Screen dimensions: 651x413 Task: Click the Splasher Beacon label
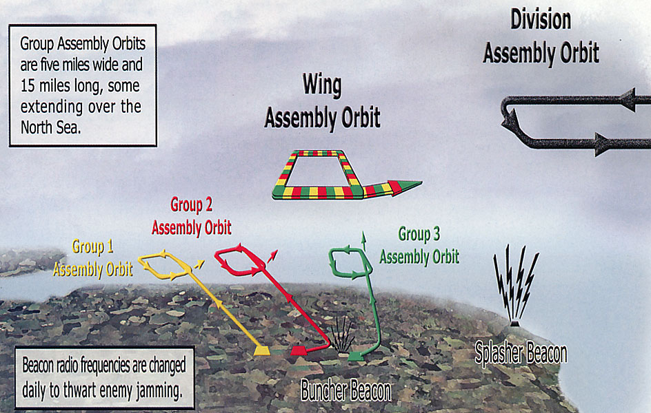click(x=521, y=353)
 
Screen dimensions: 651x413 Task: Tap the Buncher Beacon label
click(x=346, y=390)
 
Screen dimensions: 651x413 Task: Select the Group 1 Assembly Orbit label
click(x=93, y=258)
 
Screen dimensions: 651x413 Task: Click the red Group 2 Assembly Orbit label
click(x=192, y=216)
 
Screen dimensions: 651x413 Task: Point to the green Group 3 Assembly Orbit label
click(x=419, y=246)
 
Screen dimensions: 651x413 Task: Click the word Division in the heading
click(x=541, y=20)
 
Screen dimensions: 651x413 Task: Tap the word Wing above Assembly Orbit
click(x=322, y=85)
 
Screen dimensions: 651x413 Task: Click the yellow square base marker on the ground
click(x=262, y=350)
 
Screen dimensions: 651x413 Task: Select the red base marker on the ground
click(x=299, y=350)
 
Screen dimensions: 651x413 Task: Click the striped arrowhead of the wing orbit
click(x=405, y=187)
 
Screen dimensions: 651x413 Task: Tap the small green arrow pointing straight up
click(x=364, y=241)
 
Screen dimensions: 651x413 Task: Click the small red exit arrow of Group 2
click(x=272, y=256)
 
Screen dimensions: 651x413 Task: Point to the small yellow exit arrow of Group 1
click(x=199, y=264)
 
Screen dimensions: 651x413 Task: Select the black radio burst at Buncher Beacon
click(x=343, y=335)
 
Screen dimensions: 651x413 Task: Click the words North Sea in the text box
click(x=50, y=128)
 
